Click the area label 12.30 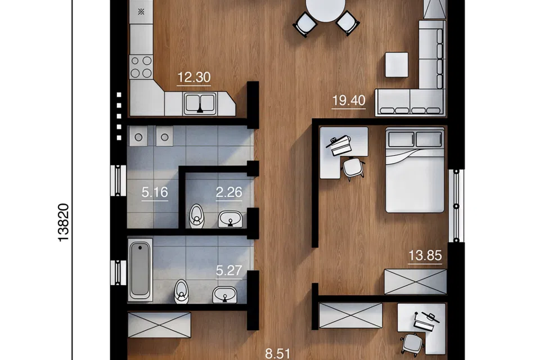tap(194, 77)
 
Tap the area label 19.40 tap(349, 101)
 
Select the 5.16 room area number tap(155, 192)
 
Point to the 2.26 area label tap(229, 192)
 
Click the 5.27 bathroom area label tap(229, 271)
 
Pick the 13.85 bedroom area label tap(425, 255)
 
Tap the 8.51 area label tap(277, 354)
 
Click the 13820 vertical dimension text tap(64, 223)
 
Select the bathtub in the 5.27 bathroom tap(140, 269)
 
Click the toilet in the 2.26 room tap(197, 216)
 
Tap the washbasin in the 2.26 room tap(231, 219)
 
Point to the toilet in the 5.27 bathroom tap(182, 291)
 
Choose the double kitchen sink tap(200, 103)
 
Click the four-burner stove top tap(141, 67)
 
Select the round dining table tap(326, 8)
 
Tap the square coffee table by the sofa tap(397, 65)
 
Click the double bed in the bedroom tap(415, 170)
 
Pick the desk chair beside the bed tap(353, 168)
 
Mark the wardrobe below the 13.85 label tap(415, 282)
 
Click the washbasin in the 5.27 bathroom tap(224, 295)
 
